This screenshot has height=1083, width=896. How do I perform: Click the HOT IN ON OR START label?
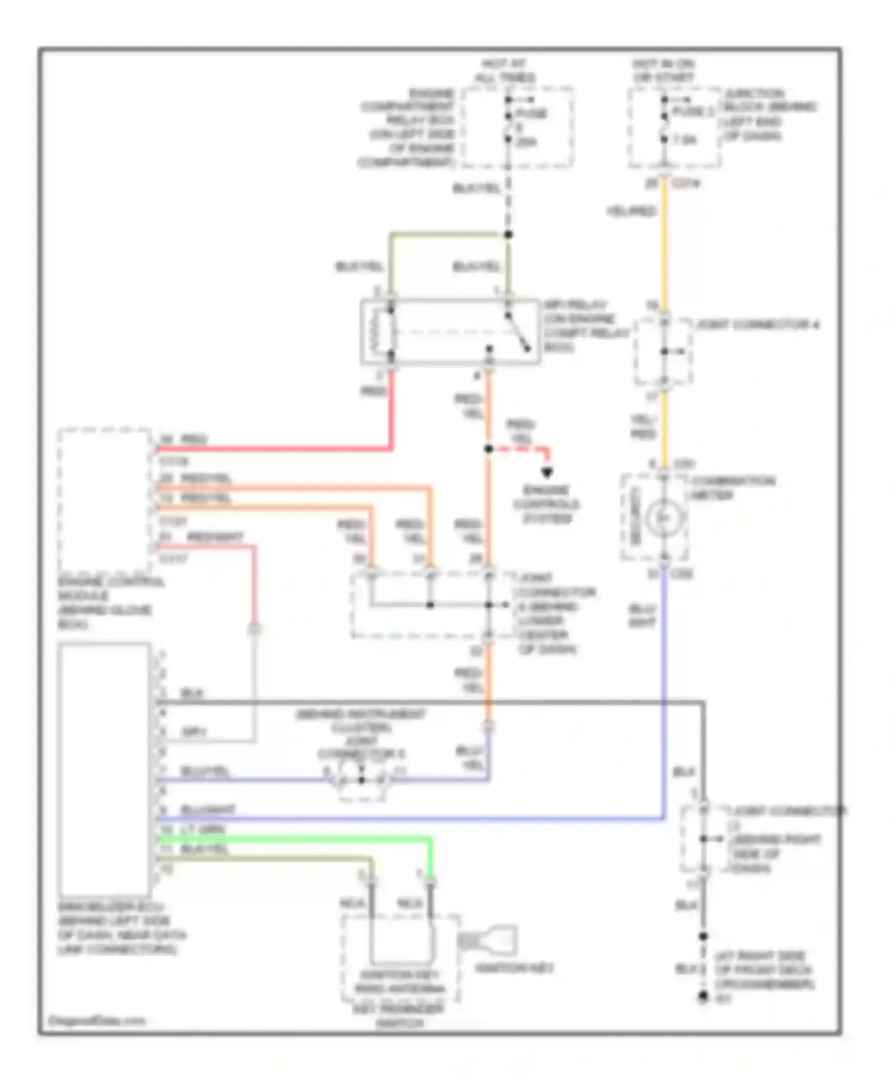coord(663,71)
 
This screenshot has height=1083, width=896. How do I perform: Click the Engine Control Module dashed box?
coord(104,500)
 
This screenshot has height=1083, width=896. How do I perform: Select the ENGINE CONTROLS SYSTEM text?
coord(547,504)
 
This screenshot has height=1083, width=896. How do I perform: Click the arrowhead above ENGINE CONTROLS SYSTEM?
coord(547,473)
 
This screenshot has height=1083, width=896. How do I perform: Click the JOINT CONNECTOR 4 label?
coord(757,325)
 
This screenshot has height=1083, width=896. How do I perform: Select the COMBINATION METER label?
coord(732,487)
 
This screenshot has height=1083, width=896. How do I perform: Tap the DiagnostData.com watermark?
coord(96,1020)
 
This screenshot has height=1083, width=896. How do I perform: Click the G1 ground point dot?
coord(704,997)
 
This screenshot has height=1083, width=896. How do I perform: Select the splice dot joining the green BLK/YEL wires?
coord(508,235)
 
